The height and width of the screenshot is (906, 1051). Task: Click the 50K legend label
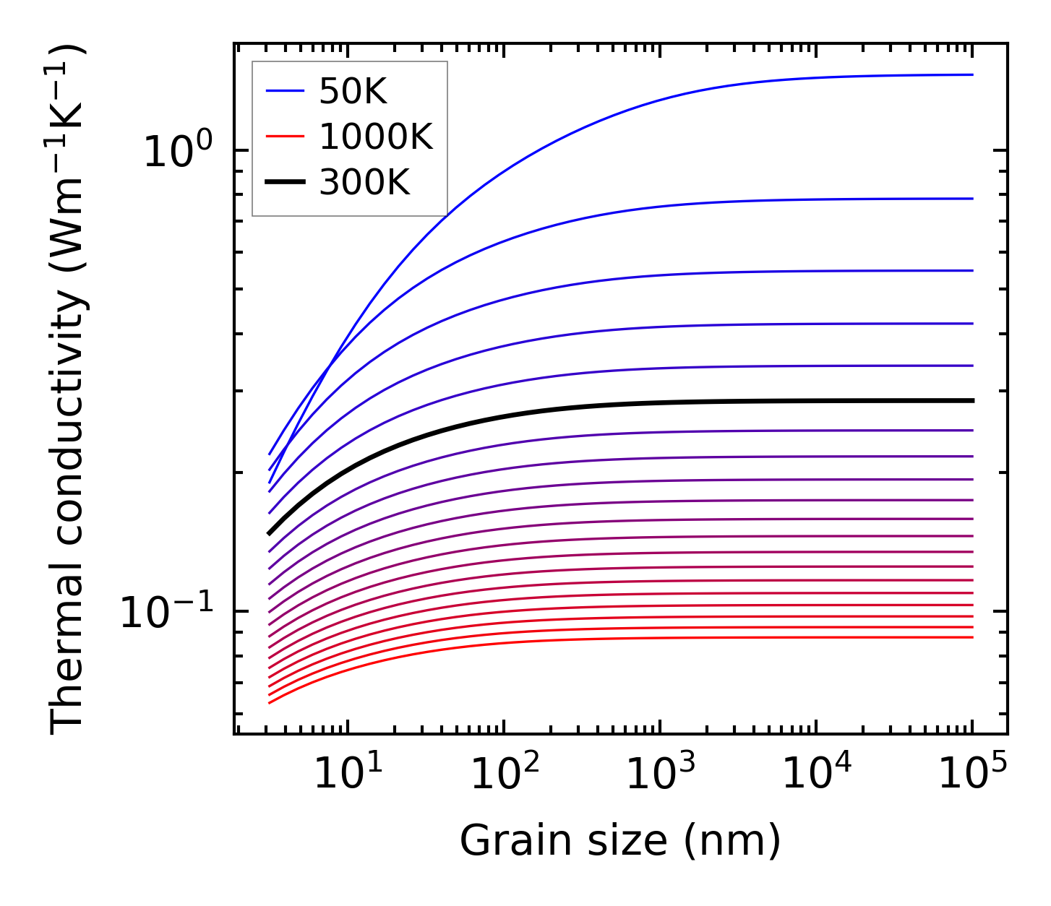(x=353, y=91)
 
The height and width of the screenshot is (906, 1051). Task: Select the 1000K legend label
(x=376, y=137)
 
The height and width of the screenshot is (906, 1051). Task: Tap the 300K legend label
(x=365, y=183)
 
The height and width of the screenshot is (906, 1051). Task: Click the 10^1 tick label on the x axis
(x=348, y=773)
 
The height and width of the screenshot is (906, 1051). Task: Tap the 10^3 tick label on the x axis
(x=661, y=773)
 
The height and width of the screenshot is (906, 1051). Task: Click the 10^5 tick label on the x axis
(x=973, y=773)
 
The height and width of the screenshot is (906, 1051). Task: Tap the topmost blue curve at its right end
(x=971, y=74)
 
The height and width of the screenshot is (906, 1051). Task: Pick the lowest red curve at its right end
(x=971, y=637)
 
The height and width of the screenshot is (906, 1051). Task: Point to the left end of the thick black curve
(x=270, y=533)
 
